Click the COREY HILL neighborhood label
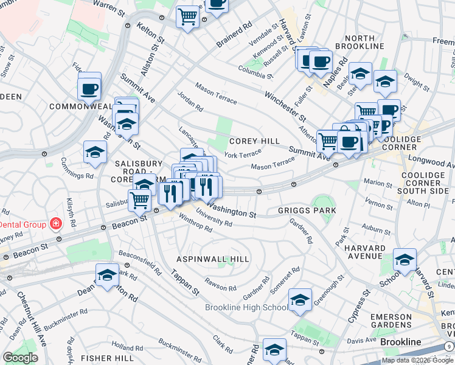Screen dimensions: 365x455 (254, 141)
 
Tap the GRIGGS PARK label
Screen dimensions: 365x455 (307, 210)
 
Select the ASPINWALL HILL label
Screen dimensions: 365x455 (213, 259)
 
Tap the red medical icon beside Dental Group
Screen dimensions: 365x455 (55, 224)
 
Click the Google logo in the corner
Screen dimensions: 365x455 (20, 358)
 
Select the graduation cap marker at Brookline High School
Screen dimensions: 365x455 (300, 300)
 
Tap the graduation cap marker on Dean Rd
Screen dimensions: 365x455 (107, 274)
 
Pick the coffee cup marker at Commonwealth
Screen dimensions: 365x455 (89, 88)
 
